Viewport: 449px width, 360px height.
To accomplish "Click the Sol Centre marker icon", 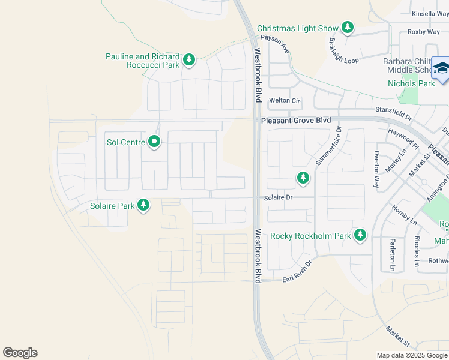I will [x=154, y=142].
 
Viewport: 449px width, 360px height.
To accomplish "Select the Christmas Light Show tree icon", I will [x=348, y=28].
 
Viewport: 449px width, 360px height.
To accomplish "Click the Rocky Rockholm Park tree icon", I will [x=360, y=235].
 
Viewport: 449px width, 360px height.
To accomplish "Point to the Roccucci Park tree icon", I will [x=189, y=59].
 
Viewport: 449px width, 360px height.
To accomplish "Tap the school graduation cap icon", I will [x=442, y=69].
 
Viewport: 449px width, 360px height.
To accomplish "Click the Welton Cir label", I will [x=284, y=100].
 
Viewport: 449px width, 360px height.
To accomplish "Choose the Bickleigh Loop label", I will [x=343, y=52].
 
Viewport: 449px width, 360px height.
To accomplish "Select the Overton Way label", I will [x=377, y=170].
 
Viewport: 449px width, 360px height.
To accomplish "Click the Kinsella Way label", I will [x=430, y=14].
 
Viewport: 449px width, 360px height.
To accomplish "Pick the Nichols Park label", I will [x=411, y=83].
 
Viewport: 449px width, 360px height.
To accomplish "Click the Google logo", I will [x=20, y=353].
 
